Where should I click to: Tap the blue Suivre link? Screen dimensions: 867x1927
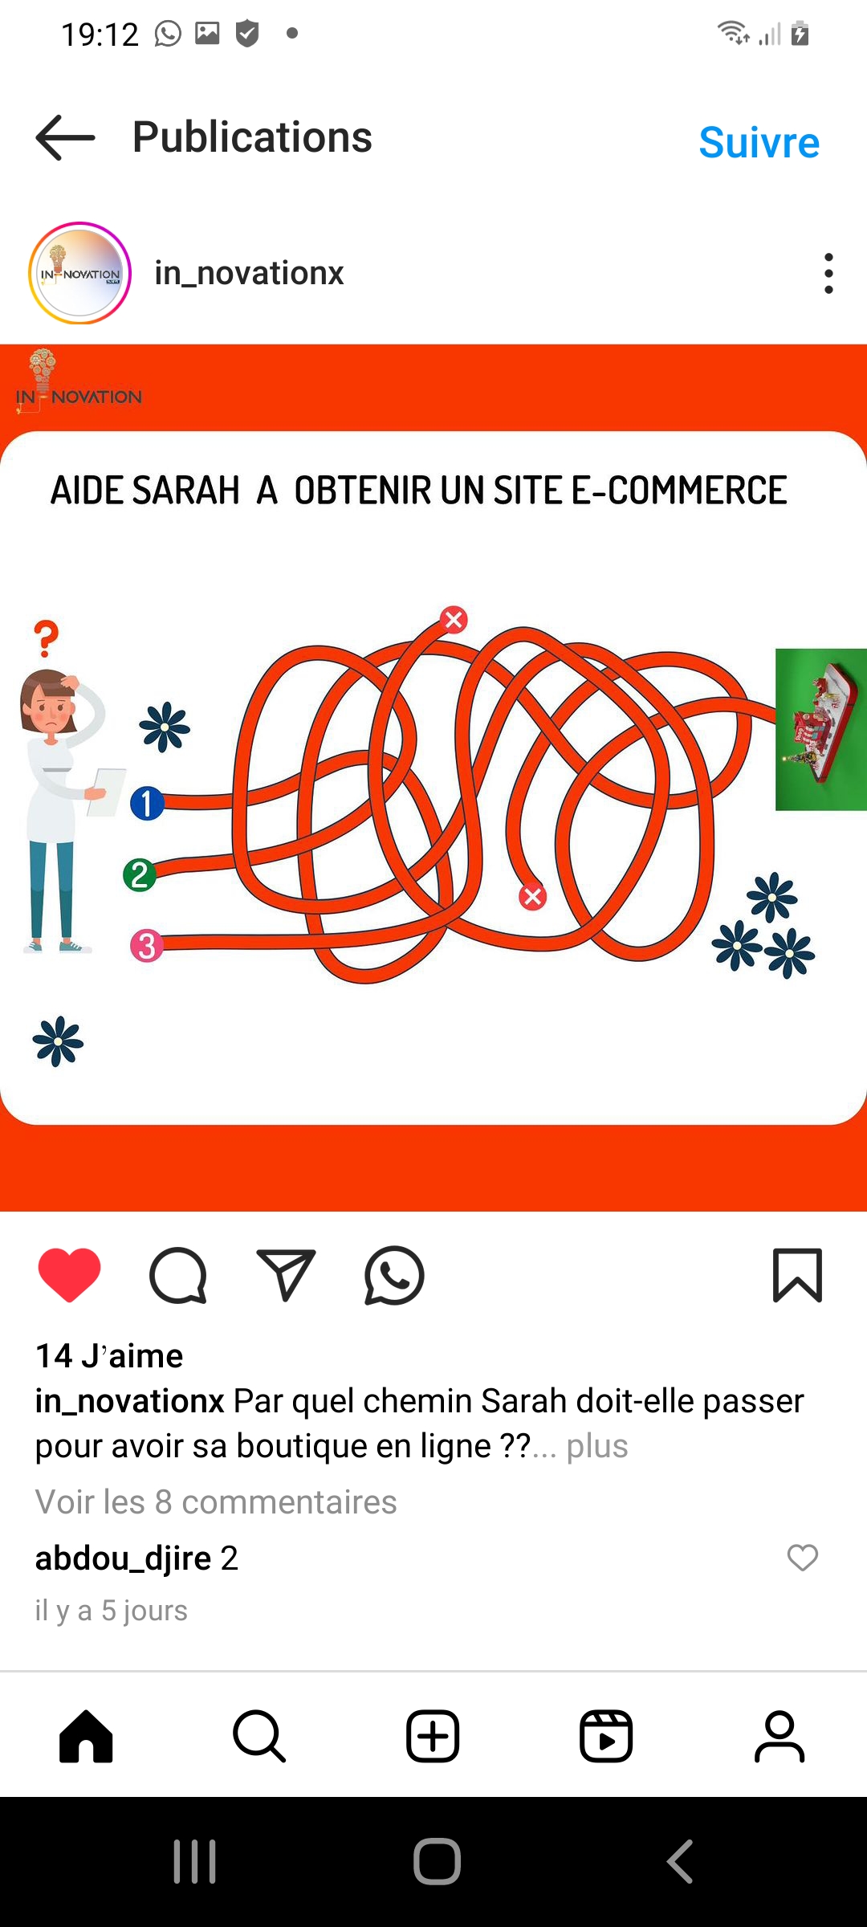tap(759, 143)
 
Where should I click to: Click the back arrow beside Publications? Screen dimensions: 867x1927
tap(65, 137)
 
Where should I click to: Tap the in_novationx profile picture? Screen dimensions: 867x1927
tap(79, 273)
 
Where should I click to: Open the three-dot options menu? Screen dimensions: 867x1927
tap(828, 273)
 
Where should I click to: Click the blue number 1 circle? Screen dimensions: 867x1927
tap(147, 803)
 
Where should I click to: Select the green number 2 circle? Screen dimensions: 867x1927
tap(140, 874)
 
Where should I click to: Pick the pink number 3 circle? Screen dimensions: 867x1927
tap(147, 945)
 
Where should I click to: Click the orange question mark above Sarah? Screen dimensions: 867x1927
tap(47, 638)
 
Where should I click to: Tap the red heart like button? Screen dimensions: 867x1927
tap(70, 1275)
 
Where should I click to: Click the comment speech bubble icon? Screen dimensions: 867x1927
tap(178, 1275)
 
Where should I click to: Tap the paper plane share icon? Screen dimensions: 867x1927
tap(286, 1275)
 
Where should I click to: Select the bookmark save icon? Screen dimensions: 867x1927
tap(797, 1275)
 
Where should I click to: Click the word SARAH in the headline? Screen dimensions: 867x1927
tap(185, 491)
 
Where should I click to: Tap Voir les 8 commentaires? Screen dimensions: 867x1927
tap(216, 1501)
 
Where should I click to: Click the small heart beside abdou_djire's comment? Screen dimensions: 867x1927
tap(802, 1558)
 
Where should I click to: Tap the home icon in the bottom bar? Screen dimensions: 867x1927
tap(86, 1736)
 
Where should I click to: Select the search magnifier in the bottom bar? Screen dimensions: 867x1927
tap(259, 1736)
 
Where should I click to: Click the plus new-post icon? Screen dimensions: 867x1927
tap(433, 1736)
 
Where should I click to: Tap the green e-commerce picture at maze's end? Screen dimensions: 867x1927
tap(821, 729)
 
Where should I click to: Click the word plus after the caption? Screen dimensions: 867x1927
tap(597, 1446)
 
